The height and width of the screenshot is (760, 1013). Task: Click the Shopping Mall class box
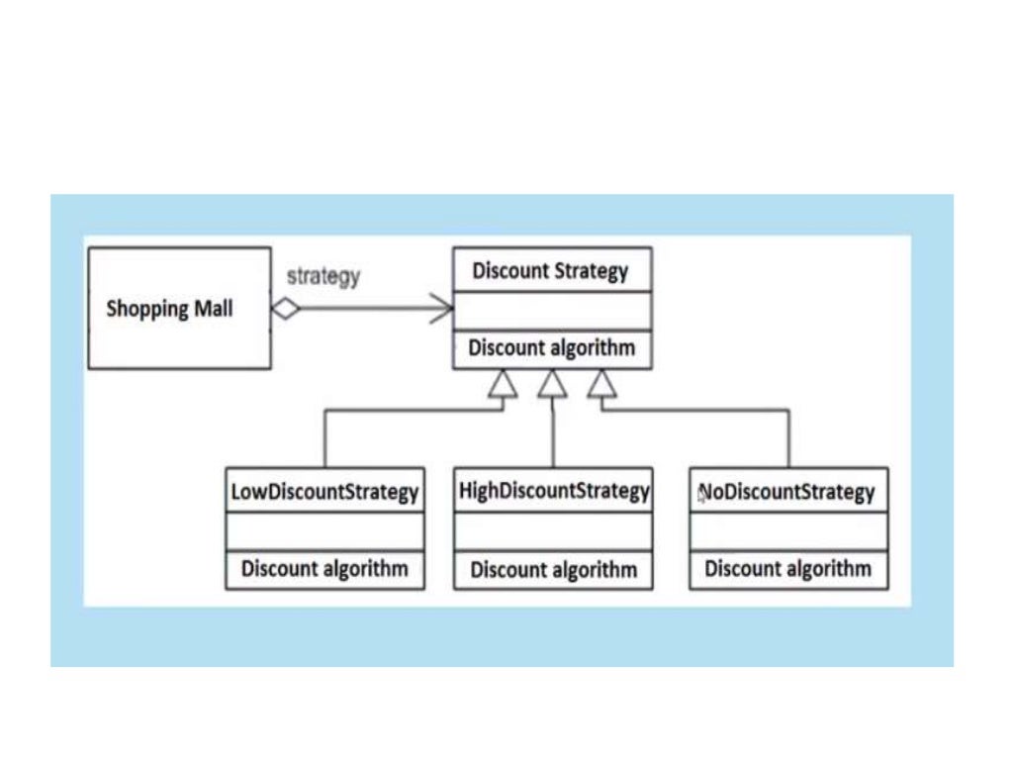coord(179,308)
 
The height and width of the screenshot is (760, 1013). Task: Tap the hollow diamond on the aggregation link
coord(286,309)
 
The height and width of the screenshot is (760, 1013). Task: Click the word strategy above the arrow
coord(322,277)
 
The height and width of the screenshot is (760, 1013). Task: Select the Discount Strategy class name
coord(550,270)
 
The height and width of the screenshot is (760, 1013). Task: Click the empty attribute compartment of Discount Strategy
coord(552,311)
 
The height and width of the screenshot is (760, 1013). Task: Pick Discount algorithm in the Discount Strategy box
coord(551,348)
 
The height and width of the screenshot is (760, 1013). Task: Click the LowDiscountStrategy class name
coord(324,492)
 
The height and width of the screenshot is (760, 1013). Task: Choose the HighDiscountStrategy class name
coord(554,491)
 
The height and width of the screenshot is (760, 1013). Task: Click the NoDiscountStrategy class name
coord(788,492)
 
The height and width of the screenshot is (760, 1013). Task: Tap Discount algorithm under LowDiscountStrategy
coord(324,569)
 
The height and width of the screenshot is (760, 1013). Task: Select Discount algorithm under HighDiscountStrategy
coord(553,570)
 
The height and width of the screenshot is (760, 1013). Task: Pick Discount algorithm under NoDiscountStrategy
coord(787,569)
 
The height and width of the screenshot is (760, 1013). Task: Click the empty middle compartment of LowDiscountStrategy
coord(324,531)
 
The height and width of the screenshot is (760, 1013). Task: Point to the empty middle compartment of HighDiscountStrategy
coord(553,531)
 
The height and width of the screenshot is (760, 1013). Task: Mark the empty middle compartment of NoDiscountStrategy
coord(788,531)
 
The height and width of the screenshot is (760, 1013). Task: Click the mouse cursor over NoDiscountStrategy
coord(701,495)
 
